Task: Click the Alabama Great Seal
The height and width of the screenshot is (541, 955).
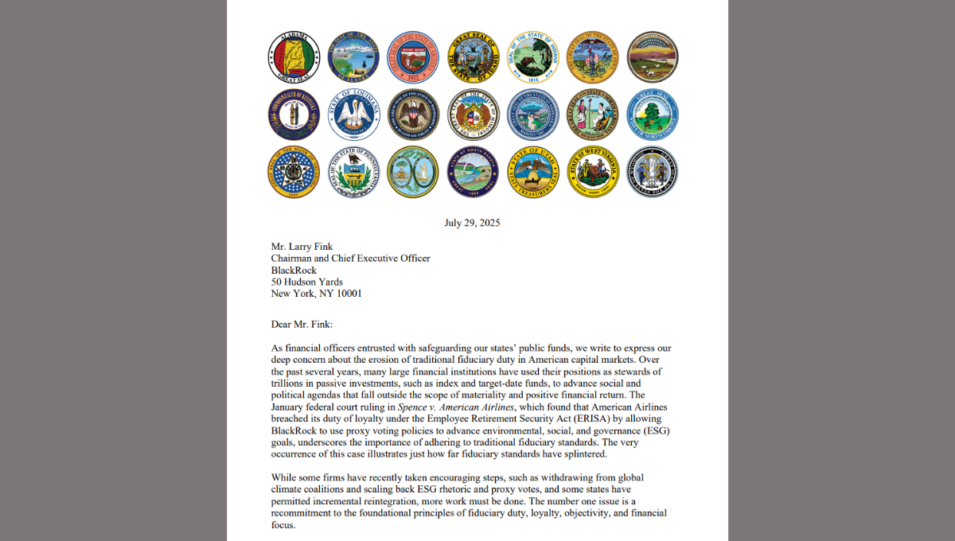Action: tap(294, 57)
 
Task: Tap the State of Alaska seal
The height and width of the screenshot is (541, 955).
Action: tap(353, 57)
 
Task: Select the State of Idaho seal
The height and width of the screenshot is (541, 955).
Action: tap(473, 57)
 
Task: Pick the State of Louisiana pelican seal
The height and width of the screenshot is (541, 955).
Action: tap(353, 115)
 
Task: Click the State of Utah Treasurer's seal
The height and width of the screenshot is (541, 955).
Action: tap(533, 172)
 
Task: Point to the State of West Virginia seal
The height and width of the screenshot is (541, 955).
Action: tap(593, 172)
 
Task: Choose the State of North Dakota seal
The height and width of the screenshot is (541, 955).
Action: tap(653, 115)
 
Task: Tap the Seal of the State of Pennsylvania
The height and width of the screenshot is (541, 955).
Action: tap(353, 172)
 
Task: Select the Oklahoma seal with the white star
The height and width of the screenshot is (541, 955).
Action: tap(294, 172)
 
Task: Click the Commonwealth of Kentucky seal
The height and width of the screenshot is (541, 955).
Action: tap(294, 115)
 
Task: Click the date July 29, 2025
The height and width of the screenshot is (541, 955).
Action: tap(472, 223)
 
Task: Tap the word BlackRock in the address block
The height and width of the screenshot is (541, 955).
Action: tap(294, 270)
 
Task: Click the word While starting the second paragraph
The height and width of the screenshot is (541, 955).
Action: tap(285, 477)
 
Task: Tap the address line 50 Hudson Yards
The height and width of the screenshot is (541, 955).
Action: tap(308, 282)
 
